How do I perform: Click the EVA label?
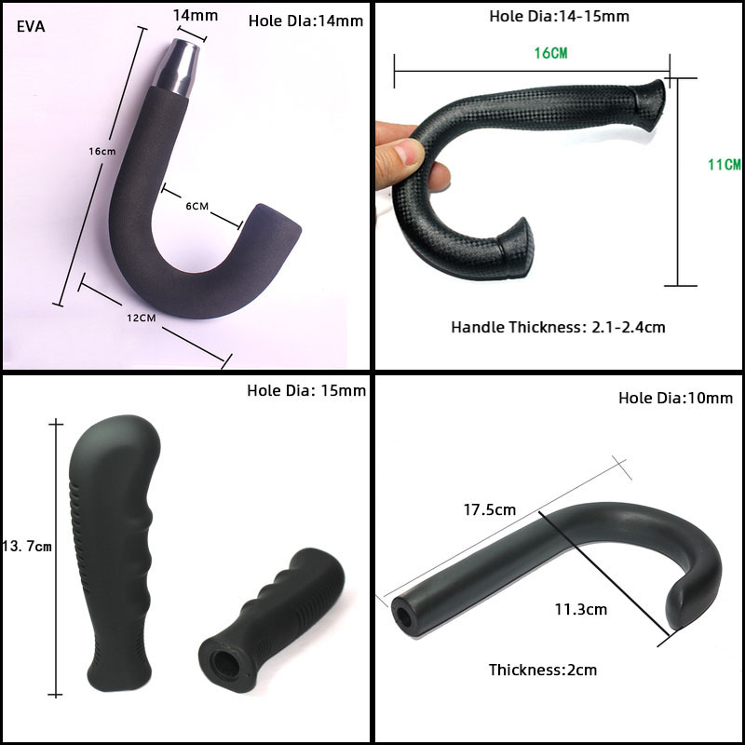click(31, 26)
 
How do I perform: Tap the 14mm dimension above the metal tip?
click(196, 15)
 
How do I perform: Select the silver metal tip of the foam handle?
click(176, 68)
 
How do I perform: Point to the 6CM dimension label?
click(197, 206)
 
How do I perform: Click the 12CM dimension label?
click(142, 318)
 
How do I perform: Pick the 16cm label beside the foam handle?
click(102, 151)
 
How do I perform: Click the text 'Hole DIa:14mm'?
click(306, 20)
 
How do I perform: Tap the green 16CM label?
click(550, 53)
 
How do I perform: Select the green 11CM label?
click(725, 165)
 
